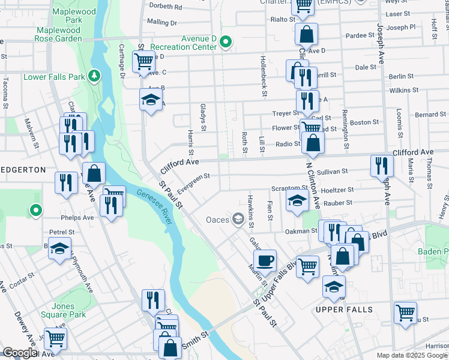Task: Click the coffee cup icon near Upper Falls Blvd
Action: pos(264,260)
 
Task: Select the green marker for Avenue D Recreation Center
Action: pos(226,42)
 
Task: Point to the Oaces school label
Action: pos(218,220)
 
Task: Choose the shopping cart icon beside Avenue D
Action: pos(143,61)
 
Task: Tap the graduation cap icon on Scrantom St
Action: pos(297,202)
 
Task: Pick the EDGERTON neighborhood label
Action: pos(23,170)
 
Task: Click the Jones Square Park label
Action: pos(63,310)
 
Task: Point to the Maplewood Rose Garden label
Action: pos(58,34)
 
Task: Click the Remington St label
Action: pos(345,130)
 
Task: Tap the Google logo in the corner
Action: pos(20,353)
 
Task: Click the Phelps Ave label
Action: pos(76,218)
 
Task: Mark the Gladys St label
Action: pos(203,117)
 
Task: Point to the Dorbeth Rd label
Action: pos(165,7)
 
